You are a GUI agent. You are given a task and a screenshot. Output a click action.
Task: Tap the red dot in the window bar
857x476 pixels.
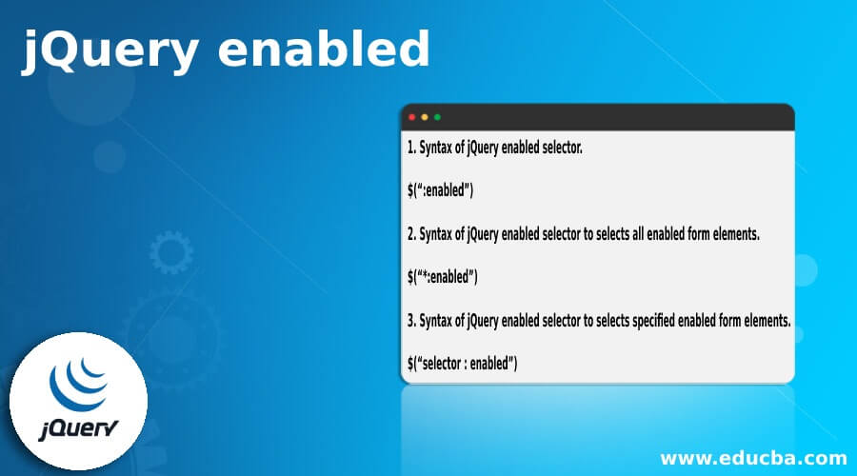click(412, 117)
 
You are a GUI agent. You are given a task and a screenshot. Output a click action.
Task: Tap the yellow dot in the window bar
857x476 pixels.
click(425, 117)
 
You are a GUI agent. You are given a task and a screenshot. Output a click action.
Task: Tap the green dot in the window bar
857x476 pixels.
click(437, 117)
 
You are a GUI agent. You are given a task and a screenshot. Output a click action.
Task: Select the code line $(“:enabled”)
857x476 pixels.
click(440, 190)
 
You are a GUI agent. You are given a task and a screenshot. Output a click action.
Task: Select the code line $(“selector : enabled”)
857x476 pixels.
click(462, 363)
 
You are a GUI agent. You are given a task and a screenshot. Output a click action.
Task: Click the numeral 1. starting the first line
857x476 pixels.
click(411, 148)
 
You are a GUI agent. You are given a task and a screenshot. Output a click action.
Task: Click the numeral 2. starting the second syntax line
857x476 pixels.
click(411, 234)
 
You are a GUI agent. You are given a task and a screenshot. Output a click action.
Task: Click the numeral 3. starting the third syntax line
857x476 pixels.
click(411, 320)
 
